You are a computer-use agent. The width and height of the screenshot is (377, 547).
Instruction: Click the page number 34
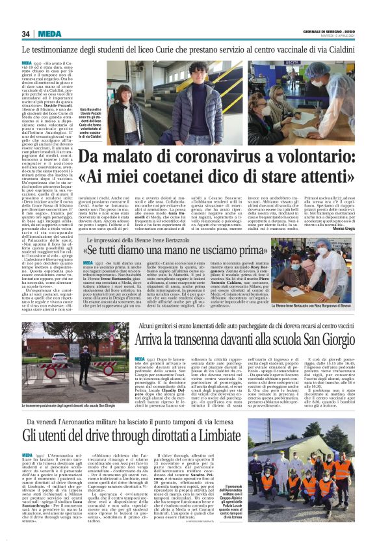[27, 33]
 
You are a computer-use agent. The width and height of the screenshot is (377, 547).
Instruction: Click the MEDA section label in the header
[49, 33]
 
